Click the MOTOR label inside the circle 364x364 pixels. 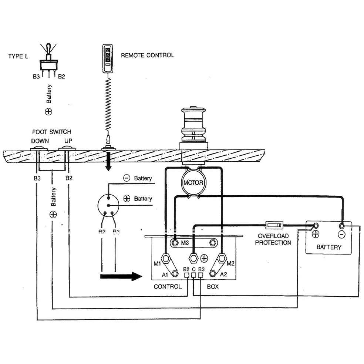pos(193,183)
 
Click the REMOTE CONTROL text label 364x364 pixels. pos(147,55)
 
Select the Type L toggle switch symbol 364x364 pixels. pos(48,61)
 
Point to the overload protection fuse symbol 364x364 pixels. pos(274,225)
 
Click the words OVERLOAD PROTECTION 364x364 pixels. pos(274,239)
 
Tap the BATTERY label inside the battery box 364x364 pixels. pos(328,247)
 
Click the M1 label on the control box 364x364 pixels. pos(157,264)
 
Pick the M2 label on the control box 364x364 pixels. pos(230,264)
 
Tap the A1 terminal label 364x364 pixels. pos(165,274)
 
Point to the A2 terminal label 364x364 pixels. pos(223,274)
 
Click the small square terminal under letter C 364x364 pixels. pos(193,275)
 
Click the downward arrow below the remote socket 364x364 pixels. pos(108,162)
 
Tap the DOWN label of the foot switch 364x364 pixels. pos(40,141)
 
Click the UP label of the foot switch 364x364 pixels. pos(68,141)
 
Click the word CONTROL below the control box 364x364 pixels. pos(168,286)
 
